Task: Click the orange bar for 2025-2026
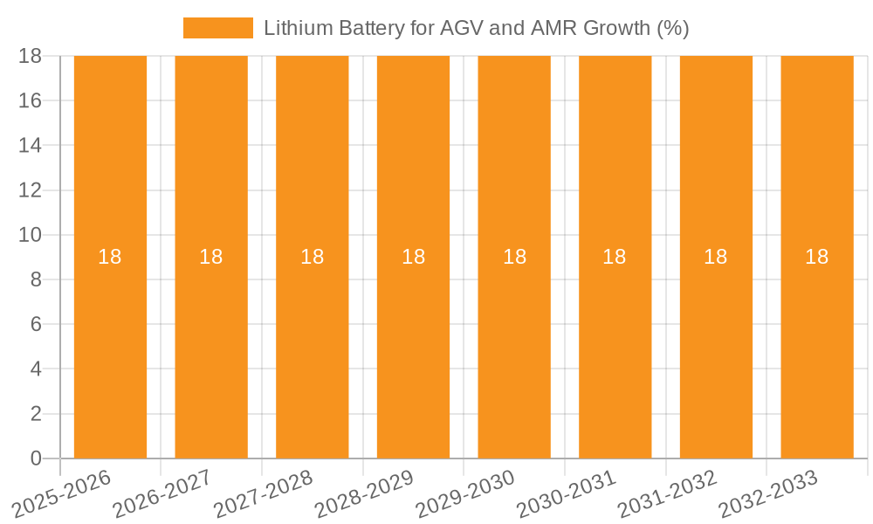110,349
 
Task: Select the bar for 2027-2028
312,349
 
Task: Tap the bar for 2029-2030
514,349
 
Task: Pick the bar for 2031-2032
716,349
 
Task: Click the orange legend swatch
217,28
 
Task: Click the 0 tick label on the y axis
36,458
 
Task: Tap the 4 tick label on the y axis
36,369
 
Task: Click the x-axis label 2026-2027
162,493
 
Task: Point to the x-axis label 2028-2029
364,493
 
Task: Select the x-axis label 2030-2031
567,493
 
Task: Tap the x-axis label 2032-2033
768,493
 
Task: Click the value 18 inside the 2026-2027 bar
211,257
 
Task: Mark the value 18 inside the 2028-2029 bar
413,257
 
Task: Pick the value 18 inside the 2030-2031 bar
615,257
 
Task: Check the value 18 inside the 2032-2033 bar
817,257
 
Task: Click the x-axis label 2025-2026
61,493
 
